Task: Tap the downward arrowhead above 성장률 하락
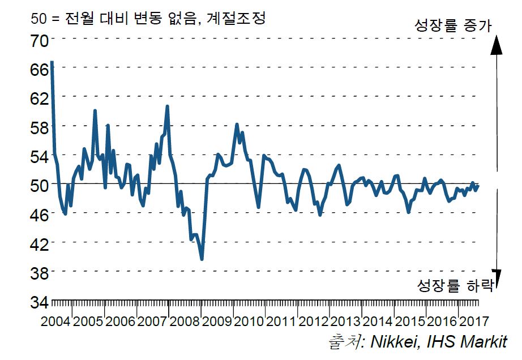496,274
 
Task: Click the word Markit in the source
484,342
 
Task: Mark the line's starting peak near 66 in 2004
52,62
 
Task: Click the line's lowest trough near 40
202,259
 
